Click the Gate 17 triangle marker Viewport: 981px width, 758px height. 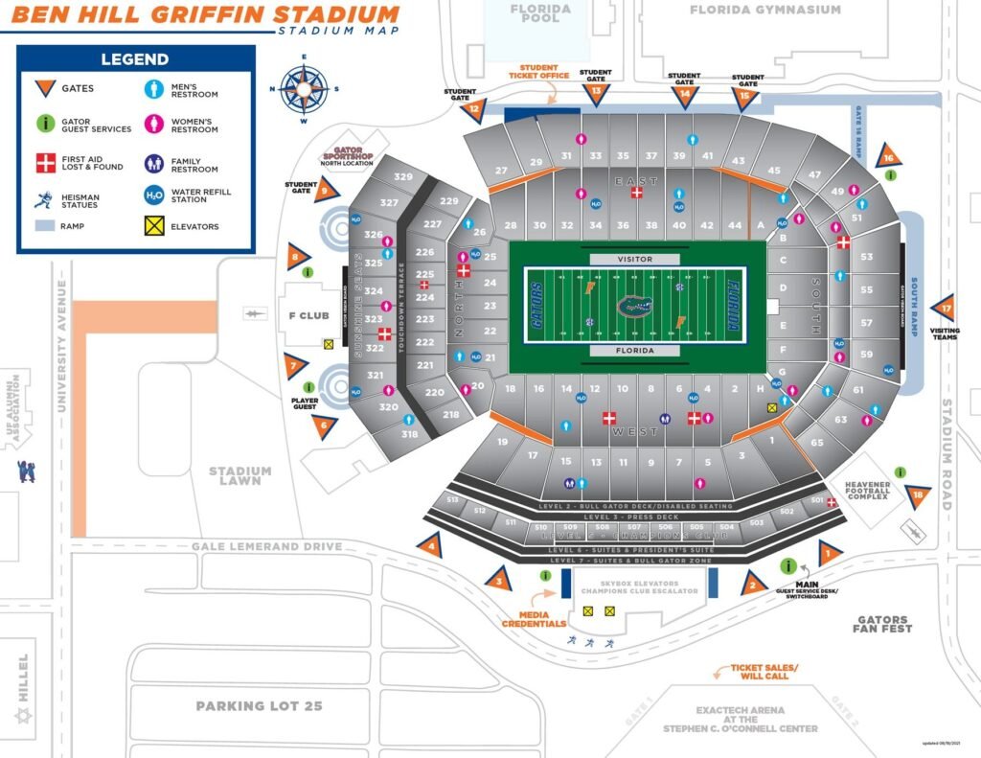pyautogui.click(x=946, y=309)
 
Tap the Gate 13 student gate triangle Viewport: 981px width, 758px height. pyautogui.click(x=597, y=93)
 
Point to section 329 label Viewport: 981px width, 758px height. pyautogui.click(x=403, y=176)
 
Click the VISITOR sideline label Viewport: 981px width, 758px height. pyautogui.click(x=635, y=260)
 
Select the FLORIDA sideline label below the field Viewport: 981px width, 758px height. pyautogui.click(x=635, y=351)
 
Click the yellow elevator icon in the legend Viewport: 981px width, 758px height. pyautogui.click(x=153, y=226)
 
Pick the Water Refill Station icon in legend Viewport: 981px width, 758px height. pyautogui.click(x=153, y=195)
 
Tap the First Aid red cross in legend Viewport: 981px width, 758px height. pyautogui.click(x=44, y=162)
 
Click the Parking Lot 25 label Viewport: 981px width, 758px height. pyautogui.click(x=259, y=706)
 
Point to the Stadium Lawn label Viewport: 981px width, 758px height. pyautogui.click(x=240, y=476)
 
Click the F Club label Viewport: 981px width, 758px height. pyautogui.click(x=309, y=315)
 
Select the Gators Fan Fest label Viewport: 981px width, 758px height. pyautogui.click(x=882, y=624)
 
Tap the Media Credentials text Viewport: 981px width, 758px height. pyautogui.click(x=536, y=619)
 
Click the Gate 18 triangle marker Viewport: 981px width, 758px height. pyautogui.click(x=920, y=494)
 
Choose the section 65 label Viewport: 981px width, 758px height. pyautogui.click(x=817, y=443)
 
